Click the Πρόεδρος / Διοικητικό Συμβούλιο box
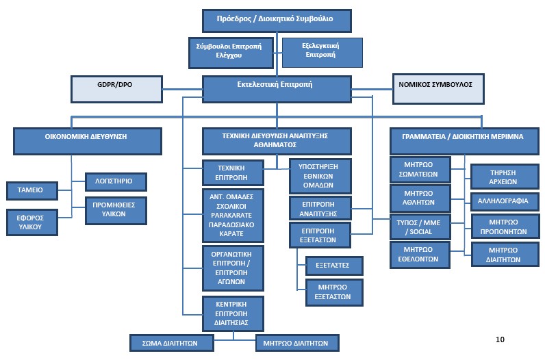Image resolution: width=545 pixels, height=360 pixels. point(277,20)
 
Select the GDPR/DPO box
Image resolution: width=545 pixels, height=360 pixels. point(116,88)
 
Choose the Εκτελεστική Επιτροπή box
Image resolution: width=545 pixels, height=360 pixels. point(277,86)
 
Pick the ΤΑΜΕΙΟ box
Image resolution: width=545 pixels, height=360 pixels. point(31,190)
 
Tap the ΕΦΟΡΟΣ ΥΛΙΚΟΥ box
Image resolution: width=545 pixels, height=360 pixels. point(31,222)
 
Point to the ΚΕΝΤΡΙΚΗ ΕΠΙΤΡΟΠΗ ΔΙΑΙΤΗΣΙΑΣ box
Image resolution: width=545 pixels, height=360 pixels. point(231,313)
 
